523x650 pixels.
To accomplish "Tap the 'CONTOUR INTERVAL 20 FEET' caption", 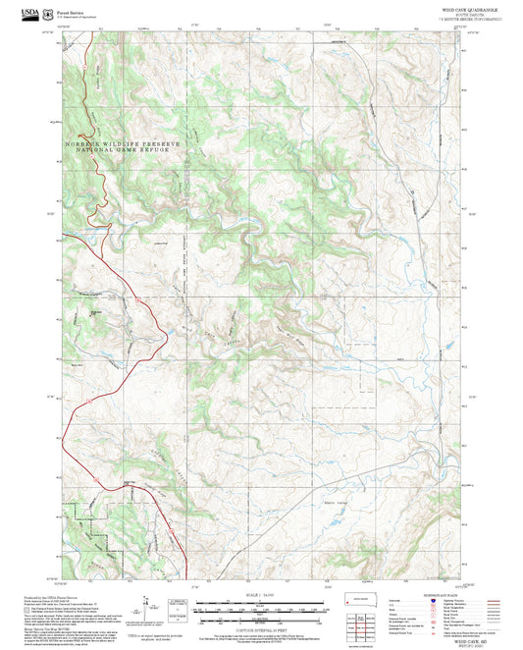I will coord(260,629).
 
